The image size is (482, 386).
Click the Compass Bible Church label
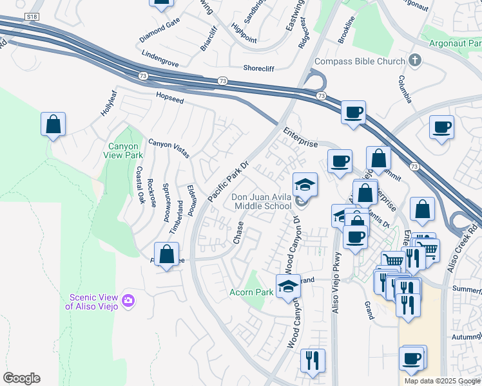358,62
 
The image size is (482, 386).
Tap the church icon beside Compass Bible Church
415,61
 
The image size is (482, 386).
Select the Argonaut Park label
455,44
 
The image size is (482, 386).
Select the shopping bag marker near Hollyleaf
53,124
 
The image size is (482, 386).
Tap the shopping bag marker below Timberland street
166,254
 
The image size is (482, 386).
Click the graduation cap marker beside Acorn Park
288,286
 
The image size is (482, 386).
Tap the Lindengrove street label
159,55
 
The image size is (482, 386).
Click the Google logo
21,378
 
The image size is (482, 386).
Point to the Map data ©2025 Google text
442,381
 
